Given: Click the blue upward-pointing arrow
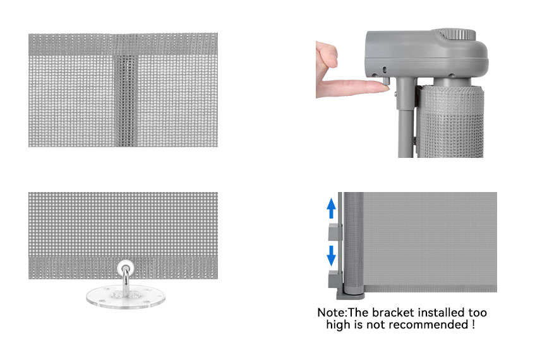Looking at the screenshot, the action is pyautogui.click(x=331, y=208).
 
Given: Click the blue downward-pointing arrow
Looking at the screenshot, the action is pyautogui.click(x=331, y=256).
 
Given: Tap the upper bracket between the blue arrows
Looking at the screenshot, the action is pyautogui.click(x=335, y=232).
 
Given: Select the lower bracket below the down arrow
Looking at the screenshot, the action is pyautogui.click(x=335, y=279).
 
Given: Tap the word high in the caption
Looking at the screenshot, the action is pyautogui.click(x=338, y=325).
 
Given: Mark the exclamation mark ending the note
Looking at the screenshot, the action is pyautogui.click(x=473, y=325).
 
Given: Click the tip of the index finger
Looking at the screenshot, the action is pyautogui.click(x=388, y=88).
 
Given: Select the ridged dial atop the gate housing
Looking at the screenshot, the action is pyautogui.click(x=457, y=34).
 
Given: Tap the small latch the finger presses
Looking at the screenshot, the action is pyautogui.click(x=387, y=81).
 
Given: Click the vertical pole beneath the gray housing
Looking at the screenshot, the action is pyautogui.click(x=406, y=117).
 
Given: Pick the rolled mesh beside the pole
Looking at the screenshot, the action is pyautogui.click(x=451, y=121).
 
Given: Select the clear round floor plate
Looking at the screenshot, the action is pyautogui.click(x=126, y=297).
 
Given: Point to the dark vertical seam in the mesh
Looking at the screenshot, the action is pyautogui.click(x=126, y=100).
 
